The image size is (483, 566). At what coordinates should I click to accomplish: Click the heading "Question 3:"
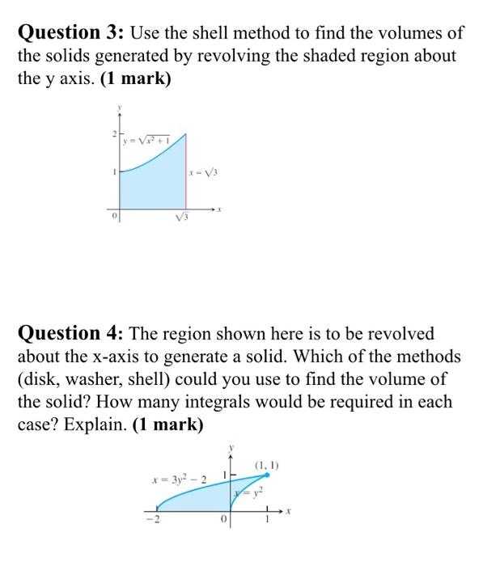71,33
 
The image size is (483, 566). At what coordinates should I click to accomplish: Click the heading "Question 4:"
71,334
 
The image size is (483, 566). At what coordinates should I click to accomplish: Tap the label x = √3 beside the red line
204,172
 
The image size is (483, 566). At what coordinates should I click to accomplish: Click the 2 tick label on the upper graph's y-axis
114,132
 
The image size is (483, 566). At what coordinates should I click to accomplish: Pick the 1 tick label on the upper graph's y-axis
114,171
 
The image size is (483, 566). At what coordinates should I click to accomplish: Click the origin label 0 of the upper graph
114,215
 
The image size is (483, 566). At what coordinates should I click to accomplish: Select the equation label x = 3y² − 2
179,480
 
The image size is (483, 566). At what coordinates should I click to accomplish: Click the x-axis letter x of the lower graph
288,513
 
